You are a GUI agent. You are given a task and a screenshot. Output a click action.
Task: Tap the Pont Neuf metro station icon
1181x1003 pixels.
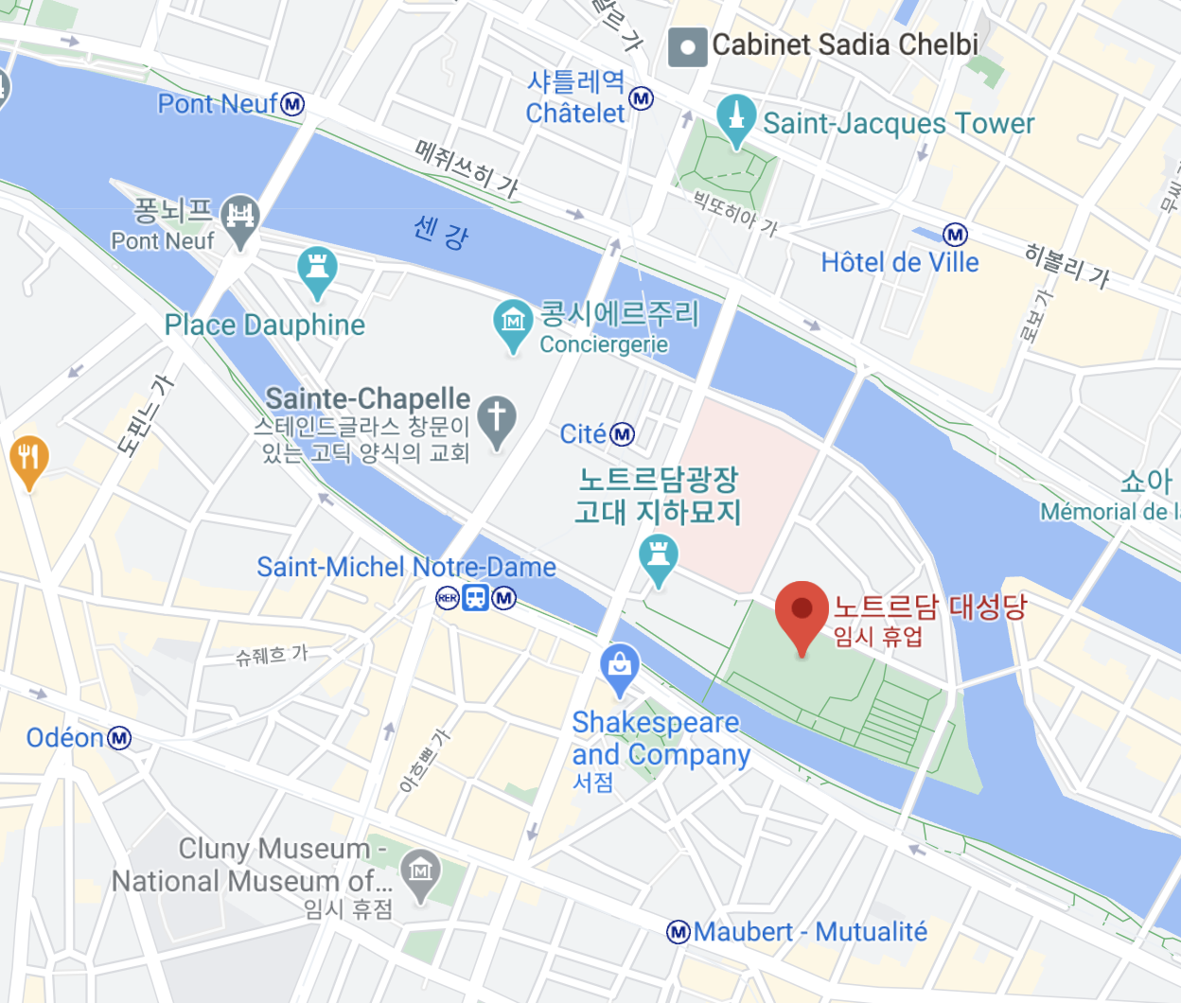coord(293,104)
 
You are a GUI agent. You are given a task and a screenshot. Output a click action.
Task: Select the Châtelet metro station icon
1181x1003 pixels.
coord(642,98)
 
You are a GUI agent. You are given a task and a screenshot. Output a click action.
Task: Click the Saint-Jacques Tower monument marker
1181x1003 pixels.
coord(736,117)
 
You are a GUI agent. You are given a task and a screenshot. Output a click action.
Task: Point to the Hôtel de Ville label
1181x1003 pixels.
coord(899,262)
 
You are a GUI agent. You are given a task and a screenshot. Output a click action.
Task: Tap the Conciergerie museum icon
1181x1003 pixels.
coord(513,323)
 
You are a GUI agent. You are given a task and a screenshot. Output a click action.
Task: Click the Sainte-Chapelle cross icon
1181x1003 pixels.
coord(497,417)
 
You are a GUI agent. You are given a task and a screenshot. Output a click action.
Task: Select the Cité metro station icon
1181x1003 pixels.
coord(622,434)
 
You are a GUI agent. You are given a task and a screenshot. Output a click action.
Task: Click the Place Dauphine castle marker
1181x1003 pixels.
coord(317,270)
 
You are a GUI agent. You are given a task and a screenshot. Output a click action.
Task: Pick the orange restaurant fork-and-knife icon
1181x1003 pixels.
coord(28,459)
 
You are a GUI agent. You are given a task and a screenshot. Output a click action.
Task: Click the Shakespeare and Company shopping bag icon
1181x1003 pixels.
coord(620,666)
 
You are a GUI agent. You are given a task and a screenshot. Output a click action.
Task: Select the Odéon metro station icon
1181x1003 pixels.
coord(119,738)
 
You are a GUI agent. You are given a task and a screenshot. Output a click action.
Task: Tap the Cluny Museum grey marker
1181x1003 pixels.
coord(421,871)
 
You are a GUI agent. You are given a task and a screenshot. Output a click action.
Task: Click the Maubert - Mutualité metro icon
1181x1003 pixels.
coord(678,932)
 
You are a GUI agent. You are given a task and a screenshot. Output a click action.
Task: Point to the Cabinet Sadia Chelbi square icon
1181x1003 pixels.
coord(687,46)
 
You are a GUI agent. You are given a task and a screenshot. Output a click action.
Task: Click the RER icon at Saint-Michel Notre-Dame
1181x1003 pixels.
coord(447,598)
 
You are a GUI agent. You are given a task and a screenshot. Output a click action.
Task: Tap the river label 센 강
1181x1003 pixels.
coord(441,231)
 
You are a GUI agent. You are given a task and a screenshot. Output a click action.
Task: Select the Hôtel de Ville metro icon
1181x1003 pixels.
coord(956,234)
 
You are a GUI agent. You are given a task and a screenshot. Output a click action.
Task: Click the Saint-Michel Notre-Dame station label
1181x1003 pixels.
coord(406,567)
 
